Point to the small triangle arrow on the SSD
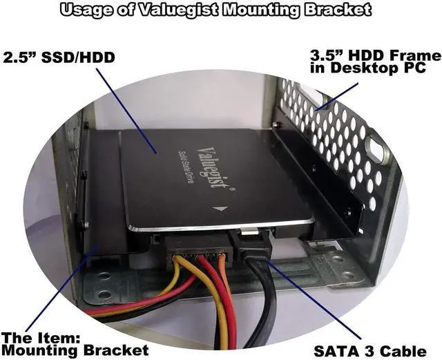pyautogui.click(x=220, y=209)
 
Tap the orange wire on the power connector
pyautogui.click(x=221, y=266)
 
